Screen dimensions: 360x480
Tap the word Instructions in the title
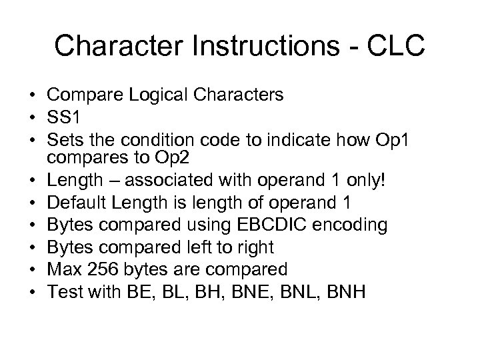[x=254, y=45]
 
